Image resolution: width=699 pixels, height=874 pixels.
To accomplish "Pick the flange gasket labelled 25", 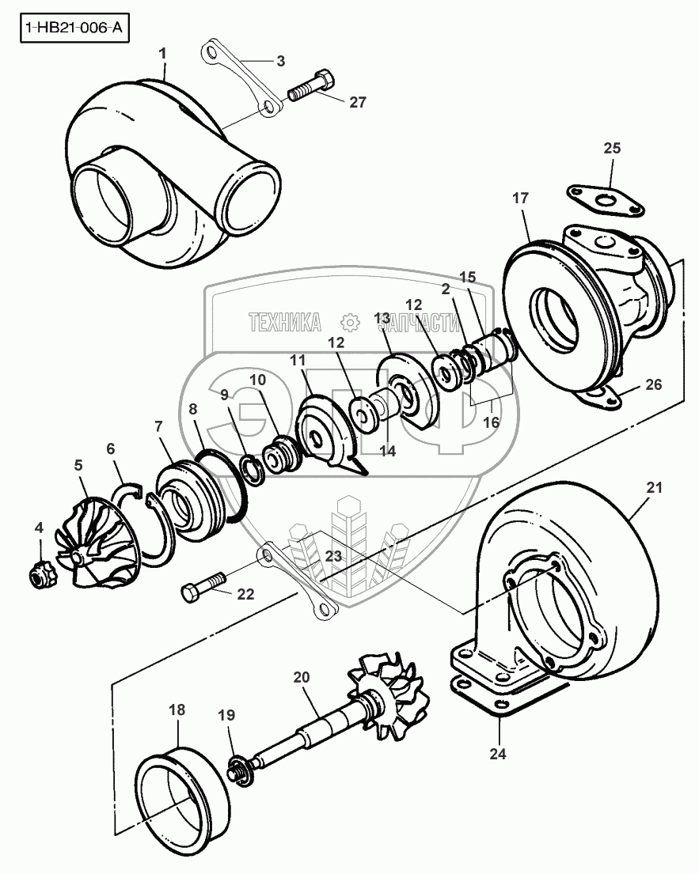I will pyautogui.click(x=604, y=199).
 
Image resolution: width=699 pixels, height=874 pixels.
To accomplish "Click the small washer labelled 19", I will pyautogui.click(x=235, y=768).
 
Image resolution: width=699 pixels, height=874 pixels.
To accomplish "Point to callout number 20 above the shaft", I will pyautogui.click(x=301, y=678).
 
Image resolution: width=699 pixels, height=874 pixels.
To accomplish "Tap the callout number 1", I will pyautogui.click(x=163, y=54).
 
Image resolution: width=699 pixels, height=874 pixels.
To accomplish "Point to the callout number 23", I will pyautogui.click(x=334, y=556).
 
